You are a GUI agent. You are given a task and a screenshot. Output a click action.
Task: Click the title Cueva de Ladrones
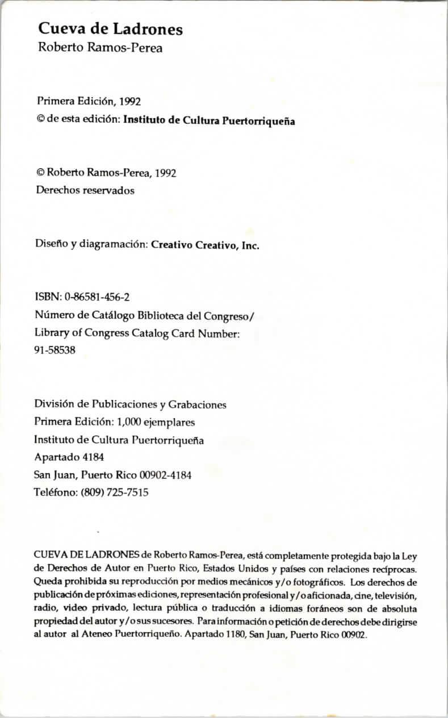tap(111, 29)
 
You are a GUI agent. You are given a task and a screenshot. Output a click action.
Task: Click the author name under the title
tap(100, 48)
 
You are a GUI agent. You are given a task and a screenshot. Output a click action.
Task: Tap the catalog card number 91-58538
tap(55, 350)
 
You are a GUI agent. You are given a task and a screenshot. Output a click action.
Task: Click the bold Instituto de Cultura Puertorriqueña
tap(209, 120)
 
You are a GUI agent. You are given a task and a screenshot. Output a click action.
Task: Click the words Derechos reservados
tap(85, 191)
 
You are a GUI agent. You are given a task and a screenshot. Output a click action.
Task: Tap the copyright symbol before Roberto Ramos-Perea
tap(40, 173)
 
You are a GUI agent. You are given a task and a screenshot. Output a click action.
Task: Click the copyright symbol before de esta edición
tap(40, 120)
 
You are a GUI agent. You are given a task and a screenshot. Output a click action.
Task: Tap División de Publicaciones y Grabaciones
tap(131, 404)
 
